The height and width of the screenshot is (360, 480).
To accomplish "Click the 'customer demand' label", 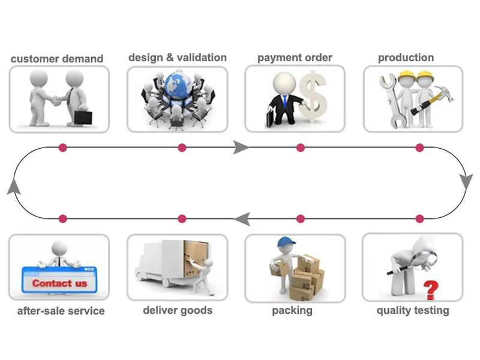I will [57, 59].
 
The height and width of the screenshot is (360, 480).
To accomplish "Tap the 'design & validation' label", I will [178, 58].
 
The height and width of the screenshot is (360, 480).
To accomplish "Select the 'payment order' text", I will [295, 58].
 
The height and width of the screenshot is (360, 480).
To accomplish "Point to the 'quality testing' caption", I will [413, 310].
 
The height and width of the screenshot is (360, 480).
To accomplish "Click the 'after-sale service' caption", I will [61, 311].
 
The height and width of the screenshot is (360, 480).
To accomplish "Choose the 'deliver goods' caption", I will [178, 310].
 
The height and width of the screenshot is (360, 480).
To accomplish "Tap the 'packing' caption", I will [292, 310].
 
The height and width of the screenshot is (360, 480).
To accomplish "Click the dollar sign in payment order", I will [314, 95].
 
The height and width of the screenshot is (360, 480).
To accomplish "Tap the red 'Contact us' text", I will [59, 283].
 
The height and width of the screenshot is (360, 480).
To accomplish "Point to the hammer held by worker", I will [441, 96].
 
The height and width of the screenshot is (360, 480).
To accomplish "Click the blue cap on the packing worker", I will [285, 242].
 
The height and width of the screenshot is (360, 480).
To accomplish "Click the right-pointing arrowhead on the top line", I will [241, 148].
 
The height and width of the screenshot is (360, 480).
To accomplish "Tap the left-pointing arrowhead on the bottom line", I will [242, 219].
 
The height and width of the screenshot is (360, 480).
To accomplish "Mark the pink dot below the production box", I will [419, 148].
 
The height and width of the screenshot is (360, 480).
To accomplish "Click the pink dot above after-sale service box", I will [63, 219].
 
